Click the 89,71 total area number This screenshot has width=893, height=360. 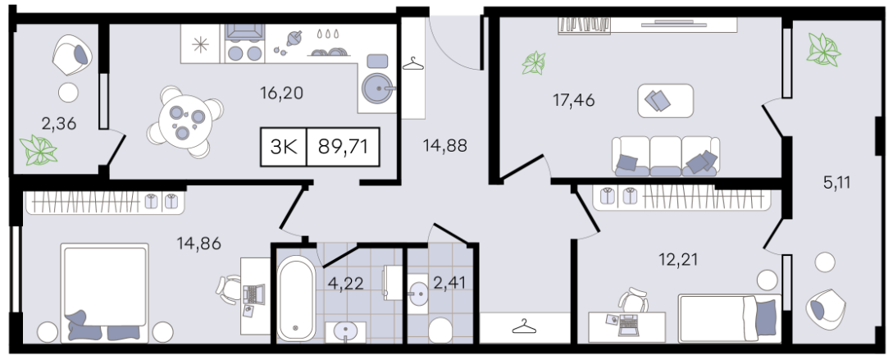[x=343, y=147]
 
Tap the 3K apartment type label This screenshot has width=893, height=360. [x=284, y=147]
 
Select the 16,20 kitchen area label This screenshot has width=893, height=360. [x=279, y=92]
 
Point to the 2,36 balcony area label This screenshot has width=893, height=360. [x=59, y=123]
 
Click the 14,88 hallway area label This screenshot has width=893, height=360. [x=444, y=146]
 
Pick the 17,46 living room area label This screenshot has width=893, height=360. [x=573, y=101]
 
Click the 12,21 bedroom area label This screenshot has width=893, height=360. [x=677, y=260]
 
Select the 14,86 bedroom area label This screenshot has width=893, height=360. [x=198, y=244]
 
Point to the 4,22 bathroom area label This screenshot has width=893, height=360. [x=344, y=283]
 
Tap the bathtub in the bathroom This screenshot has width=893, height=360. [x=295, y=298]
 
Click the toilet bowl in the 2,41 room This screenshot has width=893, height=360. [x=440, y=330]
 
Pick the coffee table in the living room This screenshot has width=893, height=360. [x=665, y=101]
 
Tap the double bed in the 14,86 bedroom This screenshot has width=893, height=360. [x=105, y=293]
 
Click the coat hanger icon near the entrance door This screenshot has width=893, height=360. [x=413, y=64]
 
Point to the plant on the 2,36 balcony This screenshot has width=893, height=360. [x=39, y=150]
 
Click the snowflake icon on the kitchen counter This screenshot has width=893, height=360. [x=200, y=43]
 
